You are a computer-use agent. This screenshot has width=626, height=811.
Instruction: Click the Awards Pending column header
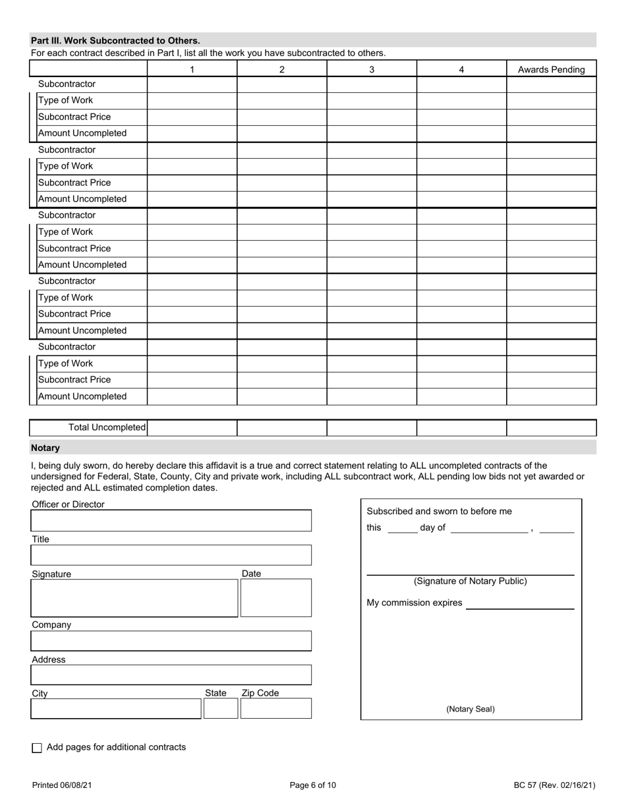click(x=552, y=69)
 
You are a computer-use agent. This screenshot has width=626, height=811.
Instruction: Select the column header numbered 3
click(x=372, y=69)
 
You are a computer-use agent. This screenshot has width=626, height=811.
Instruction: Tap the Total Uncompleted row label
click(x=107, y=428)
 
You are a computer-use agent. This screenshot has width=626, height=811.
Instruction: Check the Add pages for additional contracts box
click(x=37, y=748)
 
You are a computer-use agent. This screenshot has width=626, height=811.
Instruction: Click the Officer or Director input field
click(x=171, y=520)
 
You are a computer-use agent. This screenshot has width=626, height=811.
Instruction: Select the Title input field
click(x=171, y=555)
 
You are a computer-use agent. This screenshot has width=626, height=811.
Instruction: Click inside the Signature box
click(x=134, y=598)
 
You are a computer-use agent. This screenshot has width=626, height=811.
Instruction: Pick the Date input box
click(x=275, y=598)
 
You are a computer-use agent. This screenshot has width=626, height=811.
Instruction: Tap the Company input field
click(x=171, y=641)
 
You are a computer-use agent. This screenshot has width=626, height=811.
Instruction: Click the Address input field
click(x=171, y=675)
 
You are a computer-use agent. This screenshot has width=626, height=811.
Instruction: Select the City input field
click(x=116, y=708)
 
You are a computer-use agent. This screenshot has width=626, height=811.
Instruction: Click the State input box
click(x=220, y=708)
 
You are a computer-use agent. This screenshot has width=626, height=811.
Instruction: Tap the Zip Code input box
click(x=275, y=708)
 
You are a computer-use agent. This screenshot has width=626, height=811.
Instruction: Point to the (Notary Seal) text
click(x=470, y=709)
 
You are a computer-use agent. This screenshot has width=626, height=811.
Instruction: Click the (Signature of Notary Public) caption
click(x=470, y=582)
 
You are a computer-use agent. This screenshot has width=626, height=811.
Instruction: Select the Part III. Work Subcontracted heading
click(x=116, y=40)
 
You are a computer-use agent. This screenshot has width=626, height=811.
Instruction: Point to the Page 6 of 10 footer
click(x=313, y=785)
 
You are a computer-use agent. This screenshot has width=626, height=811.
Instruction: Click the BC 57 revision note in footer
click(x=554, y=785)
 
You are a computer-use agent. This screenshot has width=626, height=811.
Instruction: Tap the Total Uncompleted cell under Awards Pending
click(x=552, y=428)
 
